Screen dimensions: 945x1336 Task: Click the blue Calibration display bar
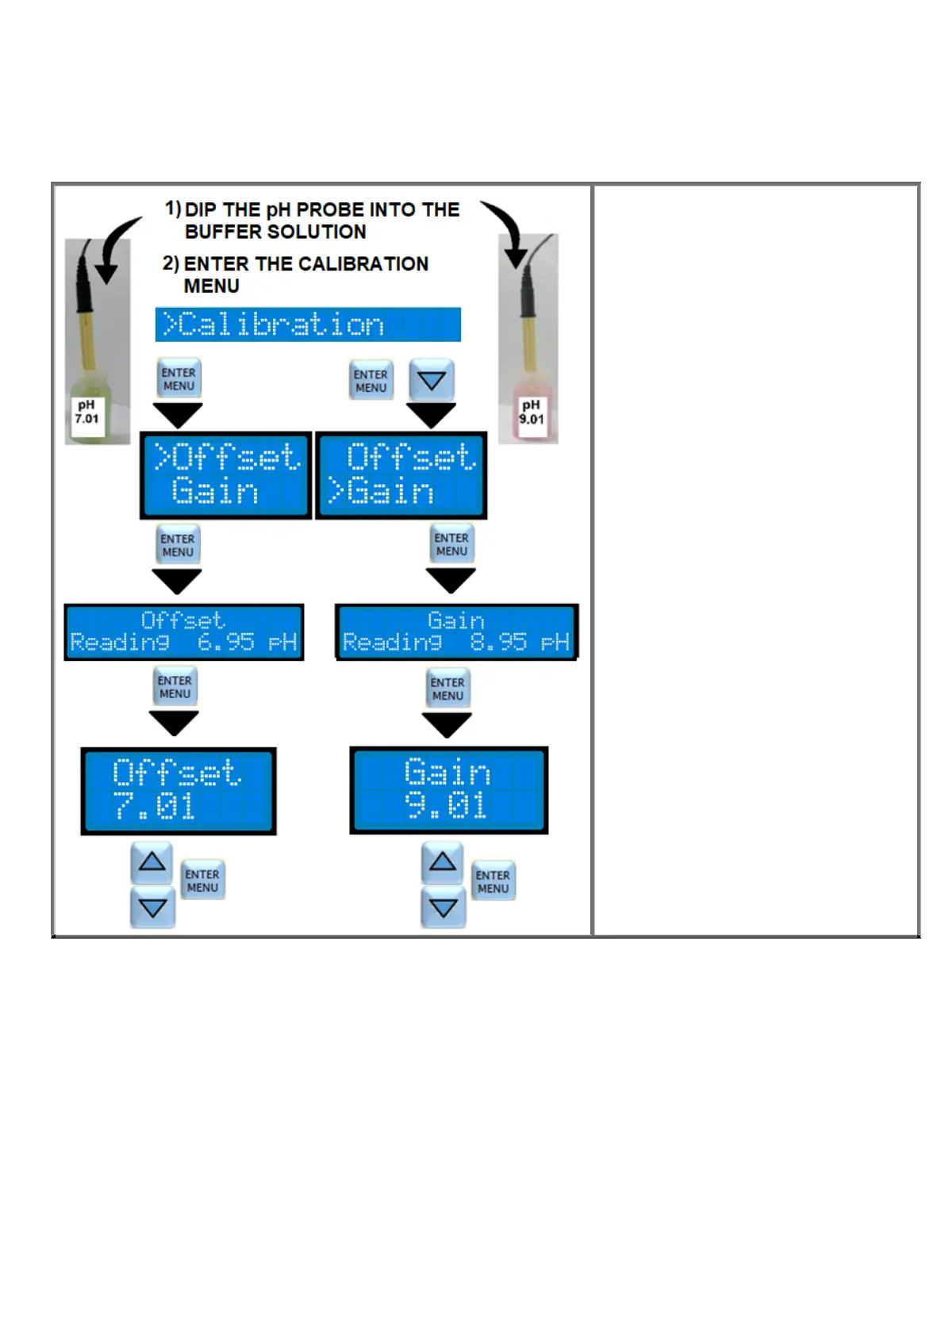tap(308, 324)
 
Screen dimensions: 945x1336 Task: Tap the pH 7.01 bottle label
tap(86, 413)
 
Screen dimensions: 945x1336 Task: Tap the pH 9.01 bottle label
tap(532, 413)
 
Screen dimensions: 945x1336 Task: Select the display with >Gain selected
tap(401, 475)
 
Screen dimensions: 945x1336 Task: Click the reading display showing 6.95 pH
tap(184, 632)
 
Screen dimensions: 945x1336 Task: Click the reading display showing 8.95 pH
tap(456, 632)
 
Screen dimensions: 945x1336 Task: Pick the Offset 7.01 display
tap(179, 790)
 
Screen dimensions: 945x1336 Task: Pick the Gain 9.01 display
tap(448, 789)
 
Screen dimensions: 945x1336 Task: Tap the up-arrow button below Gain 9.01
tap(443, 862)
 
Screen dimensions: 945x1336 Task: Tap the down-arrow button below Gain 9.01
tap(443, 908)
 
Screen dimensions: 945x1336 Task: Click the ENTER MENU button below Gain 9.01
tap(493, 881)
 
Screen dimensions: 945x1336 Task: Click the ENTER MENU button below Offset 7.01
tap(202, 881)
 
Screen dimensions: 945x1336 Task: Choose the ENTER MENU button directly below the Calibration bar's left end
tap(179, 378)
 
